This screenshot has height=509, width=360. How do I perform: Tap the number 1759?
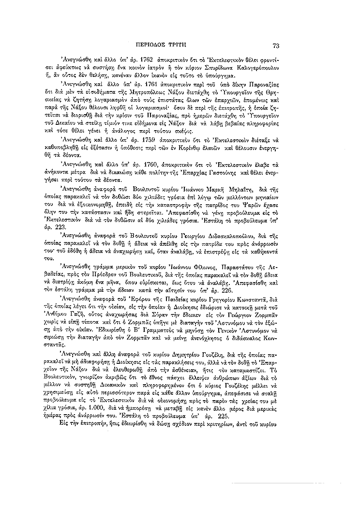coord(145,139)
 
